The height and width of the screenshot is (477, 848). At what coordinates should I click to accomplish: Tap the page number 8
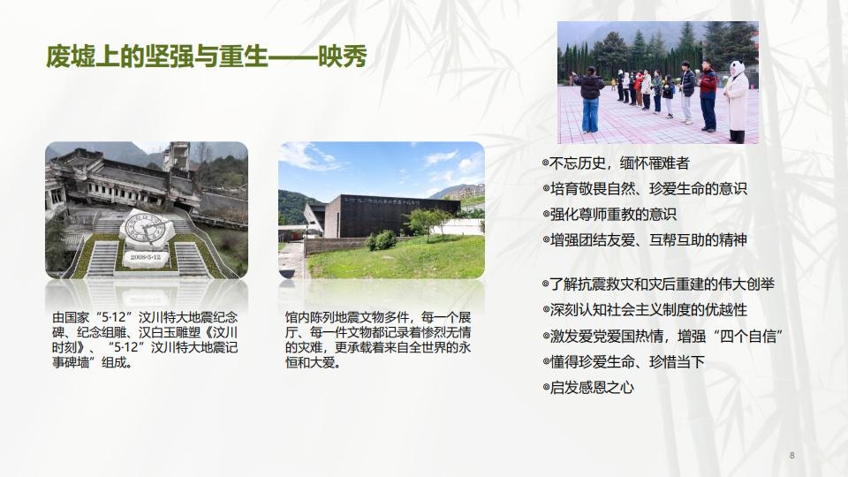pos(791,455)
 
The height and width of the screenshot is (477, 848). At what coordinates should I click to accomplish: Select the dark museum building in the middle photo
pos(389,215)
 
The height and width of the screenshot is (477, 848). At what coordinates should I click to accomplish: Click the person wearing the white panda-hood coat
pos(736,101)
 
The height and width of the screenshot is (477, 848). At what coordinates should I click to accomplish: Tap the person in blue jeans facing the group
pos(591,99)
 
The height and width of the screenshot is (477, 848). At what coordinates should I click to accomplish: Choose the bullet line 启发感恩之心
pos(587,387)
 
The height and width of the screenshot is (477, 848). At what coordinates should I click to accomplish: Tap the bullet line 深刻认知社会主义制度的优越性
pos(645,310)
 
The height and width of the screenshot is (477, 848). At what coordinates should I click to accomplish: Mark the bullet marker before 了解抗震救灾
pos(545,284)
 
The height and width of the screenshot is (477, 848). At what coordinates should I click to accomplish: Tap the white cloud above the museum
pos(442,160)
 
